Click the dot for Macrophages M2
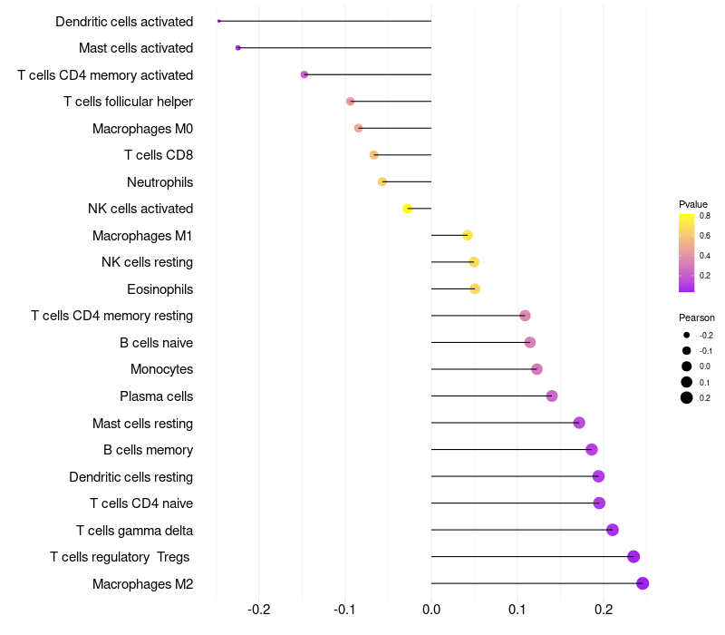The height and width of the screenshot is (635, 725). (x=643, y=583)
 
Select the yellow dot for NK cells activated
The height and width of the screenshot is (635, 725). (x=408, y=209)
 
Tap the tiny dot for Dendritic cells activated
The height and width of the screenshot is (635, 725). (x=219, y=21)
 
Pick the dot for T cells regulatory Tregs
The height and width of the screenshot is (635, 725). (x=633, y=557)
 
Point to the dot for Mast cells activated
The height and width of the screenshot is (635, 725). (x=237, y=48)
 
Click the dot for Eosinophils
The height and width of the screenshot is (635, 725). (x=475, y=289)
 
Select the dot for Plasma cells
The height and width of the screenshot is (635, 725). (x=552, y=396)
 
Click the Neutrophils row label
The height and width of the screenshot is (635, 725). (x=159, y=182)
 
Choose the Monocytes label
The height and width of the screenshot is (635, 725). (x=161, y=369)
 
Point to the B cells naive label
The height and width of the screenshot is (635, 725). (x=156, y=343)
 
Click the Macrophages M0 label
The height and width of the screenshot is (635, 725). (x=142, y=129)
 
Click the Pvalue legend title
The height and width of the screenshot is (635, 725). (x=693, y=204)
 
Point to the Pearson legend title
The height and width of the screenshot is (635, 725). (x=696, y=318)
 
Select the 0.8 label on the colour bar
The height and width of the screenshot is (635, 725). (x=704, y=216)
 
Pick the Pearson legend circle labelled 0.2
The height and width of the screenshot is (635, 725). (x=687, y=397)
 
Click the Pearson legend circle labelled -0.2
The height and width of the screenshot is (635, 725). (x=687, y=336)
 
